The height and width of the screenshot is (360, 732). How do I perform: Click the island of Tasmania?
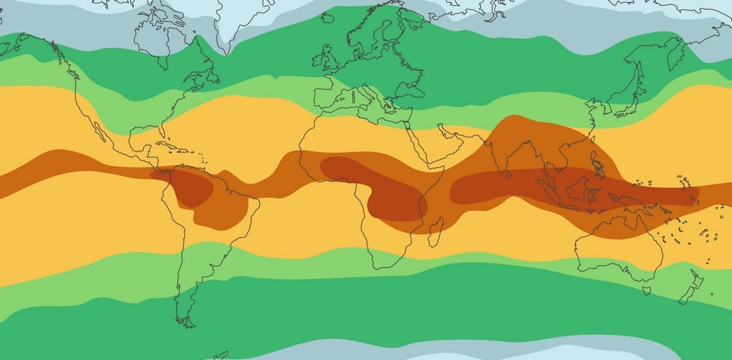pos(646,290)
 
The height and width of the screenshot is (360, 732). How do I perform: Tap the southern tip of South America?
pos(186,323)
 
